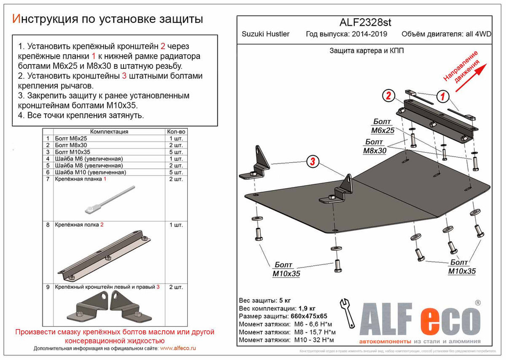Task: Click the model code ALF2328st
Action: (x=364, y=22)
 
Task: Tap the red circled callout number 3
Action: (x=313, y=162)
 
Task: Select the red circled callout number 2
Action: (x=389, y=96)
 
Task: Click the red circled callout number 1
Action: (x=441, y=96)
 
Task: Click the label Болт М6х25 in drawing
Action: (x=383, y=126)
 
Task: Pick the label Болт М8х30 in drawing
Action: (x=375, y=146)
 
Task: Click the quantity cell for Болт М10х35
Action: (x=175, y=152)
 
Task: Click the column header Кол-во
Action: (x=176, y=131)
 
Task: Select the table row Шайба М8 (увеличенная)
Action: (x=90, y=165)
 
